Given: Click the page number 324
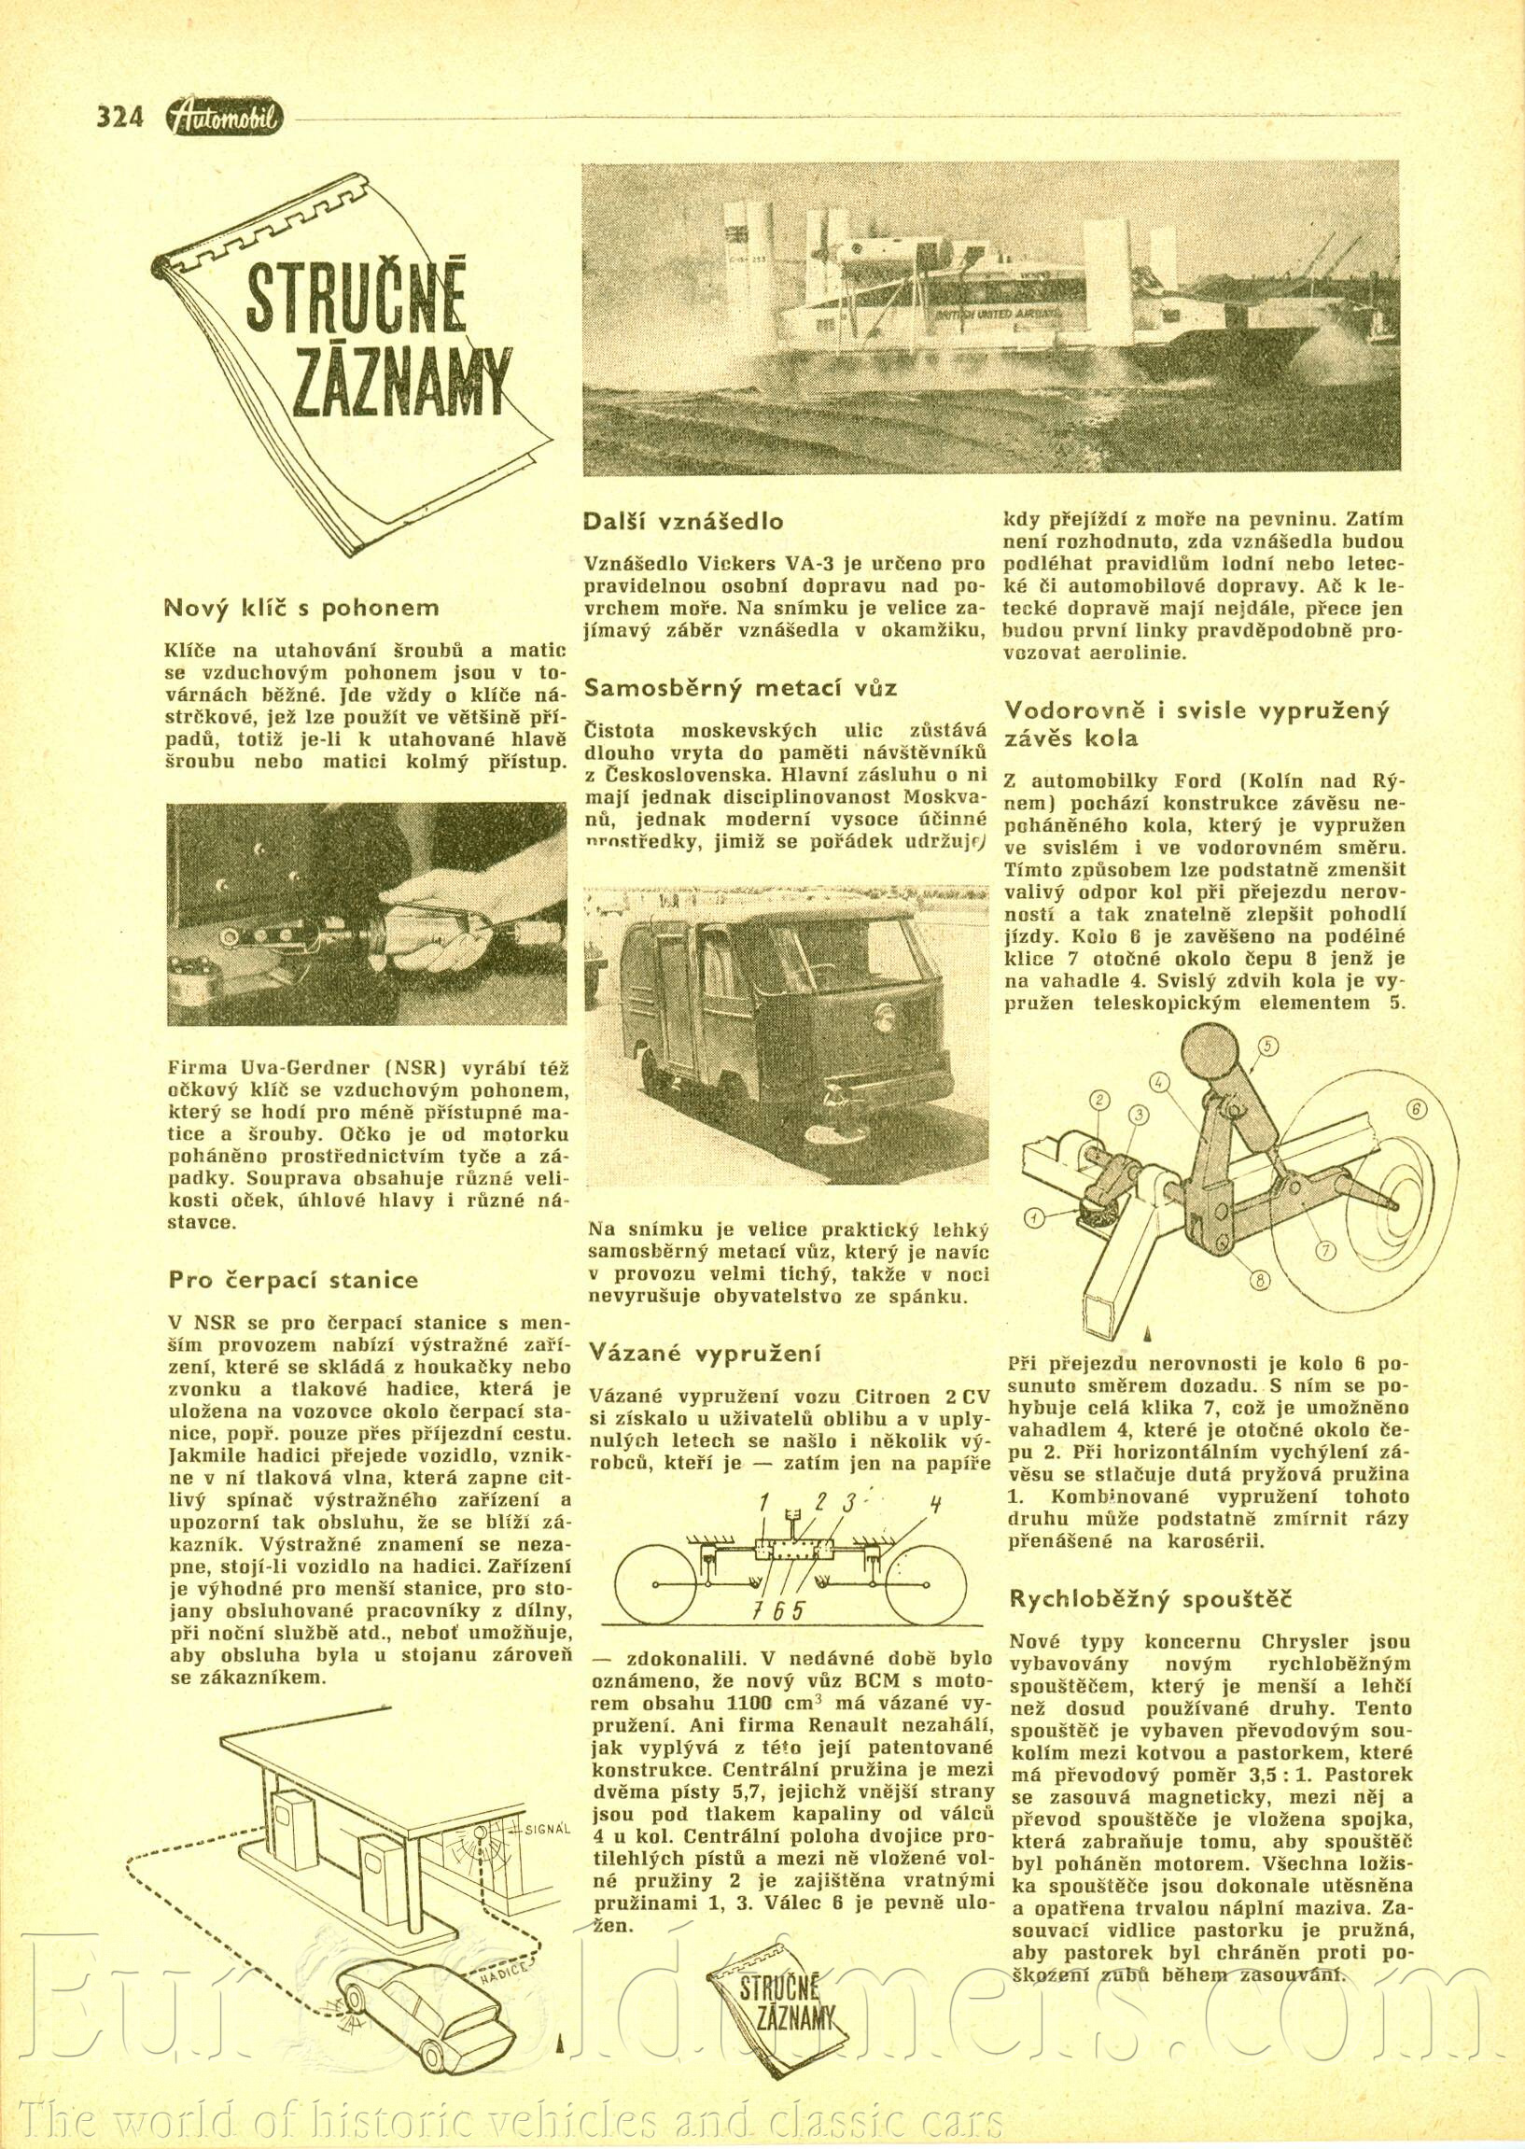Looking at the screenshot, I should (x=119, y=118).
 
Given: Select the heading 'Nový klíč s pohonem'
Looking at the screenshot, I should (x=301, y=608).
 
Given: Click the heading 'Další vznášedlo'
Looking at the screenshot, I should (x=683, y=521).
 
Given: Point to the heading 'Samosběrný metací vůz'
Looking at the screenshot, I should (x=741, y=687).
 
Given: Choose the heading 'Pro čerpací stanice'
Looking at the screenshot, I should (x=294, y=1279).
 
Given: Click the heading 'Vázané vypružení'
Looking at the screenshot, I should (x=706, y=1353).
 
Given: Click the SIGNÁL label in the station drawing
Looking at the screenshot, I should (x=546, y=1803).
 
